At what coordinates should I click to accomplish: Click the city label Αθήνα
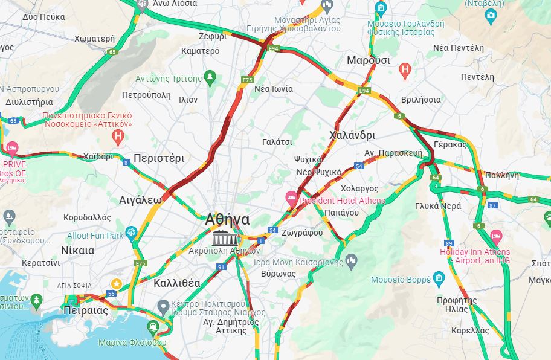tap(227, 219)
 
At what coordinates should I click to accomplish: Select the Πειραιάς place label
tap(85, 310)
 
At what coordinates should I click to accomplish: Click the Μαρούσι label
tap(368, 61)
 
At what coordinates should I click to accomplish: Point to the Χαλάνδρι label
tap(352, 135)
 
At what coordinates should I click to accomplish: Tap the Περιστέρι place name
tap(159, 158)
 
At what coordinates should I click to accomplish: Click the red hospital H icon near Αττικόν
tap(118, 137)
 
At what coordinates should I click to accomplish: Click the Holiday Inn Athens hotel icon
tap(496, 235)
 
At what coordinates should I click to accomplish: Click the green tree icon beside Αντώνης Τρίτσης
tap(210, 77)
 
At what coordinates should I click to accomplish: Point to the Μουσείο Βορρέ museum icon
tap(439, 278)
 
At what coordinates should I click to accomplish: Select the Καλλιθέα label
tap(177, 283)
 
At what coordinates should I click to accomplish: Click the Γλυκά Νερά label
tap(438, 206)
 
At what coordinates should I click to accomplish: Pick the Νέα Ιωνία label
tap(274, 89)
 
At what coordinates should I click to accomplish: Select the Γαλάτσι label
tap(277, 142)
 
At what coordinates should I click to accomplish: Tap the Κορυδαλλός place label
tap(88, 217)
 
